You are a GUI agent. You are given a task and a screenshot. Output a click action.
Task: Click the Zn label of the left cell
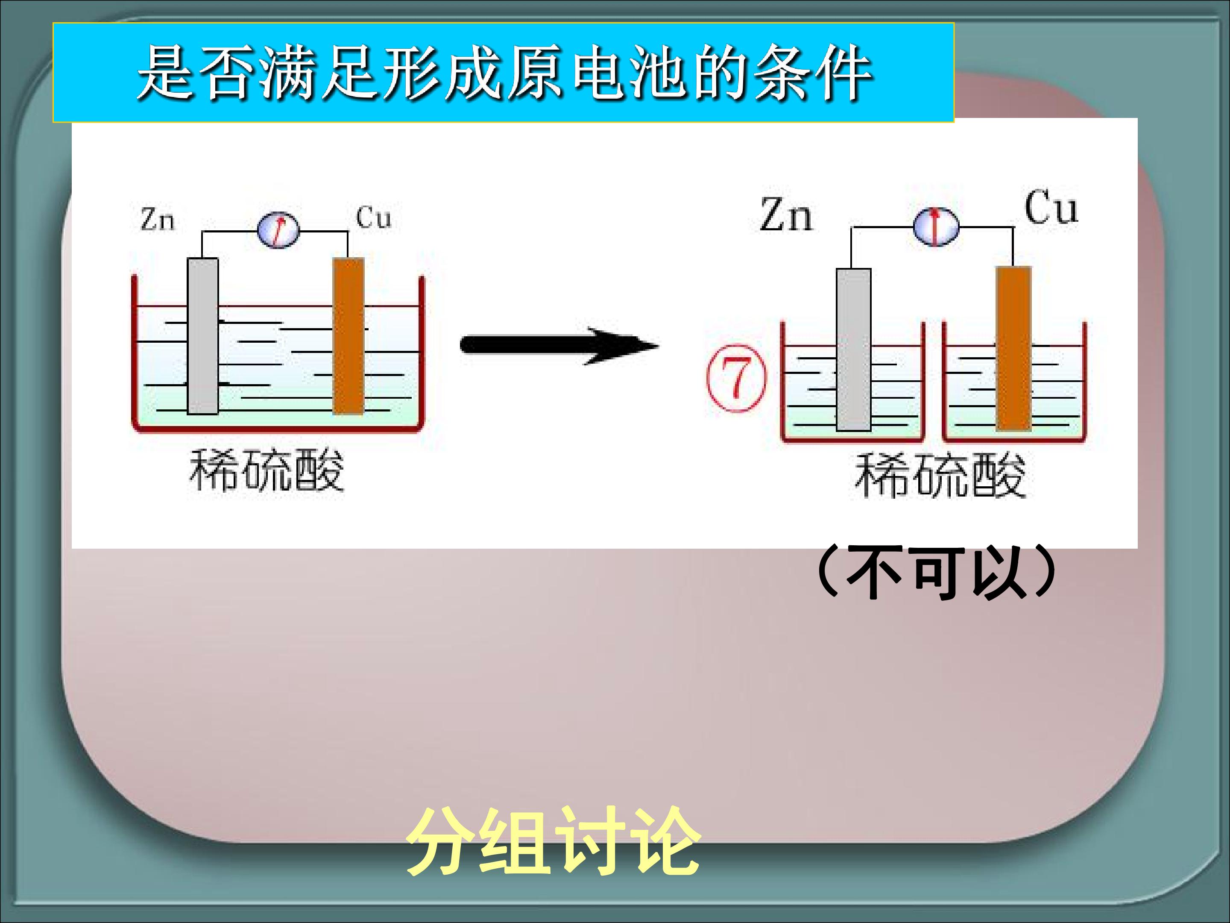[157, 219]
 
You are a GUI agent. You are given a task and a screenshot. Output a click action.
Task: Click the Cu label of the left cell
[373, 217]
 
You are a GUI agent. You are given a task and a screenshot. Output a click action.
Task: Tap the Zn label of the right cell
[786, 215]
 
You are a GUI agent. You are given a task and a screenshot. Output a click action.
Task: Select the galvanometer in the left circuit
[278, 230]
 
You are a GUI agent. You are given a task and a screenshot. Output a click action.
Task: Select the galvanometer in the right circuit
[936, 226]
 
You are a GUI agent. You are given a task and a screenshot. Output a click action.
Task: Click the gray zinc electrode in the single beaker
[202, 336]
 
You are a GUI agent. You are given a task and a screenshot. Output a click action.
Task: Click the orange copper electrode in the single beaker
[348, 336]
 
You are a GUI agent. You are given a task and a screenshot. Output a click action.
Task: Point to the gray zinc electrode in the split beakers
[854, 350]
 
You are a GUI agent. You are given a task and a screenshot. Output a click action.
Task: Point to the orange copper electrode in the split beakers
[1014, 348]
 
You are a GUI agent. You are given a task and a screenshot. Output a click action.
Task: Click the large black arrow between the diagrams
[559, 346]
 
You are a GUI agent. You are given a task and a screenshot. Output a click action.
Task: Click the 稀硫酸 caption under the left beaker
[267, 470]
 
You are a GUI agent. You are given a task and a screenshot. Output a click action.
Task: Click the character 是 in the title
[166, 73]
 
